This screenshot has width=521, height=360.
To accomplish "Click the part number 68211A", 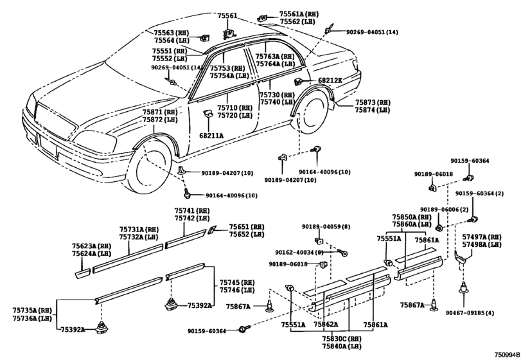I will [211, 136].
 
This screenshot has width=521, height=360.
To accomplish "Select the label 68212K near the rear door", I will [330, 81].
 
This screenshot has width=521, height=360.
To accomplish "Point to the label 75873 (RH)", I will [373, 102].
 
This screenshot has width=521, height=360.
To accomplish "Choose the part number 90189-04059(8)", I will [326, 227].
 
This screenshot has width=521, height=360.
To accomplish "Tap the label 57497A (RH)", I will [482, 237].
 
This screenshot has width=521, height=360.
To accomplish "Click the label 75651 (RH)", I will [247, 227].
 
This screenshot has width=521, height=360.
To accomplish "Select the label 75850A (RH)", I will [412, 217].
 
